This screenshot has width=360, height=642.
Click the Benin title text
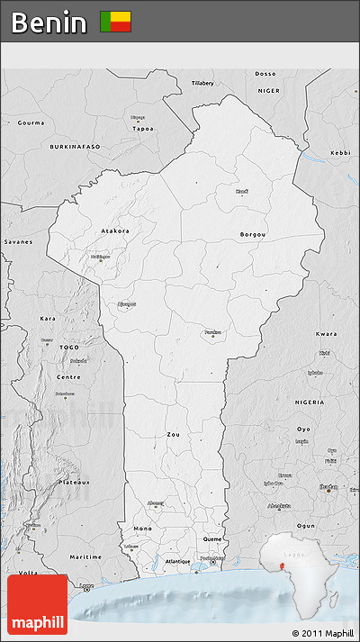tap(49, 22)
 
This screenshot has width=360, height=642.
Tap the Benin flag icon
tap(115, 22)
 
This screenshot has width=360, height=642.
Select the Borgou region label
tap(253, 235)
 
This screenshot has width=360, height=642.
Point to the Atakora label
tap(114, 231)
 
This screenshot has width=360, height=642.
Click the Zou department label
tap(173, 434)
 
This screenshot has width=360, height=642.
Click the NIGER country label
tap(269, 91)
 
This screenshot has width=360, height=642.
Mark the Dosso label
tap(265, 73)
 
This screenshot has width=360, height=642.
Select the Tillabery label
tap(202, 83)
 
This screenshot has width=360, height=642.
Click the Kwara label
tap(327, 334)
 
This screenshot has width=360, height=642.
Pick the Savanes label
tap(17, 241)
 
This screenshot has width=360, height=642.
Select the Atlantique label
tap(177, 562)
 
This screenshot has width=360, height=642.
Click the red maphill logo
tap(37, 604)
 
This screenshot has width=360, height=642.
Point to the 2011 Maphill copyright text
tap(323, 634)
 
